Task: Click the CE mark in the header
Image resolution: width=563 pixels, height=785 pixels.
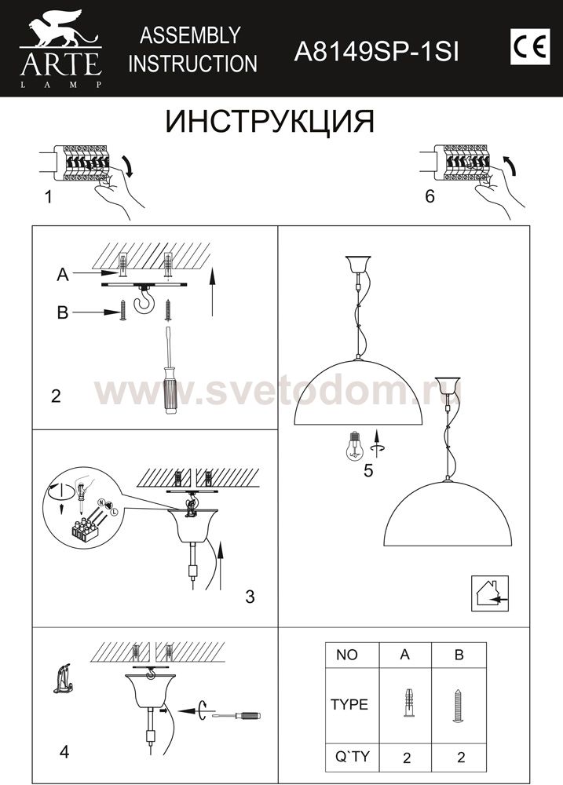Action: tap(531, 46)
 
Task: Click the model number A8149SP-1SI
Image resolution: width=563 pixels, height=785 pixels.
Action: tap(376, 52)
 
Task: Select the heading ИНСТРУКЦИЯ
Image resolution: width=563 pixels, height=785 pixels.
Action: tap(270, 121)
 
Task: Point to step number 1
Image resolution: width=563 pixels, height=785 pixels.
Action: tap(49, 197)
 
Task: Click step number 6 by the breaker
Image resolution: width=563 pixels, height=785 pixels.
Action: tap(430, 196)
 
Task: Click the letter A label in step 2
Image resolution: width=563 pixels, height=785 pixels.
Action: tap(63, 274)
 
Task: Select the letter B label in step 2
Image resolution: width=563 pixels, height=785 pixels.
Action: tap(63, 312)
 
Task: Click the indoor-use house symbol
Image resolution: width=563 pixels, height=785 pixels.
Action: tap(490, 593)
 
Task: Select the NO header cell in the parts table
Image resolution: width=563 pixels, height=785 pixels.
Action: tap(347, 655)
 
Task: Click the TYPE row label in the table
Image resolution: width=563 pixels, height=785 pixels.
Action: tap(349, 705)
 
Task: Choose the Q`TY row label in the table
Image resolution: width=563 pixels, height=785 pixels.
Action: tap(353, 757)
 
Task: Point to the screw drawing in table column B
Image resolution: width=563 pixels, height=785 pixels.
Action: tap(459, 706)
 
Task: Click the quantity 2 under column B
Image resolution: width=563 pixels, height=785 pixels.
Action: tap(461, 758)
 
